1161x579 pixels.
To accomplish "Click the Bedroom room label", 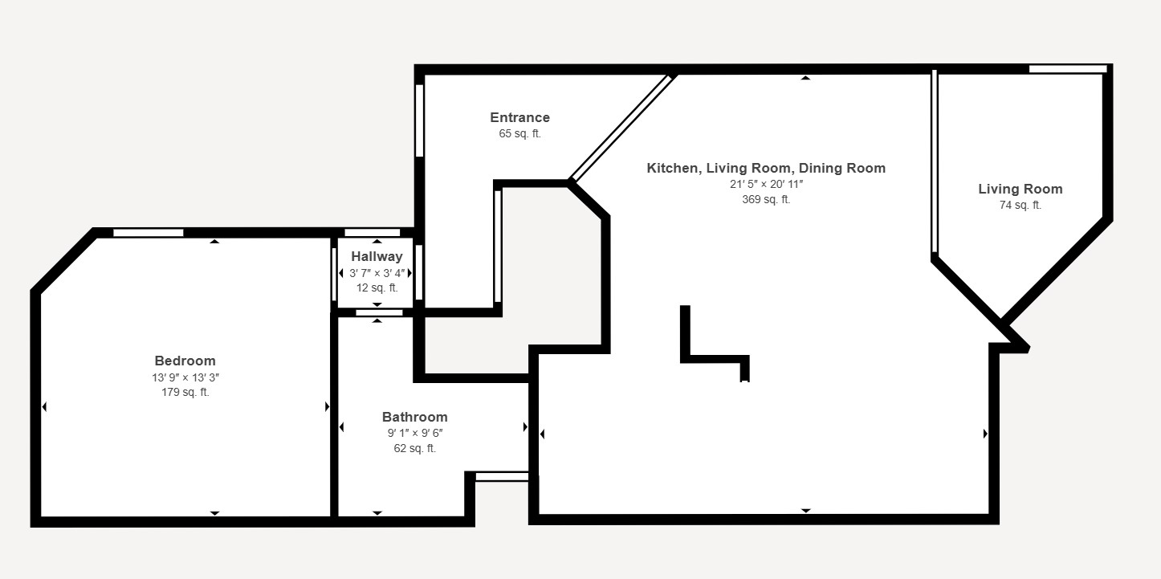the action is pyautogui.click(x=185, y=361).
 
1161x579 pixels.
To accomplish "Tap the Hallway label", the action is pyautogui.click(x=377, y=257).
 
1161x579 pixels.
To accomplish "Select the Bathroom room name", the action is pyautogui.click(x=414, y=418).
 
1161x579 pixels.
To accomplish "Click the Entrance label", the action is pyautogui.click(x=519, y=118).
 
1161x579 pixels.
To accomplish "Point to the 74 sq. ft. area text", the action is pyautogui.click(x=1020, y=206).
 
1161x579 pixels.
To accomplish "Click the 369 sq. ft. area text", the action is pyautogui.click(x=766, y=200).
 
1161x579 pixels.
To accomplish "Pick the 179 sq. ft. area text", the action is pyautogui.click(x=185, y=393).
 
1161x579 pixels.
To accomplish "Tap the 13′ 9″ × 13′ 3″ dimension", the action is pyautogui.click(x=185, y=378).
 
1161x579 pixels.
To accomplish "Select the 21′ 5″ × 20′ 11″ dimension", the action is pyautogui.click(x=766, y=184).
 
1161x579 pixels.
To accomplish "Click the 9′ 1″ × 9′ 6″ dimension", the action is pyautogui.click(x=414, y=434).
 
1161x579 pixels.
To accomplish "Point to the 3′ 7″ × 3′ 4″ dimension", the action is pyautogui.click(x=377, y=273).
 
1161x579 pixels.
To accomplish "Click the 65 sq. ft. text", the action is pyautogui.click(x=519, y=134).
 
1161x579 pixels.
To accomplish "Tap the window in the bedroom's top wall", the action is pyautogui.click(x=149, y=233).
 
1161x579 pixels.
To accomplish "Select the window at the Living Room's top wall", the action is pyautogui.click(x=1068, y=69).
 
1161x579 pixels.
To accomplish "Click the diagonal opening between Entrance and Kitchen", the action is pyautogui.click(x=623, y=128).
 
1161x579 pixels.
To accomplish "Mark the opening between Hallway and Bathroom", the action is pyautogui.click(x=379, y=312).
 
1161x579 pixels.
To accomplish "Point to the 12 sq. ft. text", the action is pyautogui.click(x=377, y=288).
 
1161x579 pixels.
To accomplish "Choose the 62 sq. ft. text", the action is pyautogui.click(x=414, y=448).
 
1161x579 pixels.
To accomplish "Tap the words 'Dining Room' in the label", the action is pyautogui.click(x=841, y=168).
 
